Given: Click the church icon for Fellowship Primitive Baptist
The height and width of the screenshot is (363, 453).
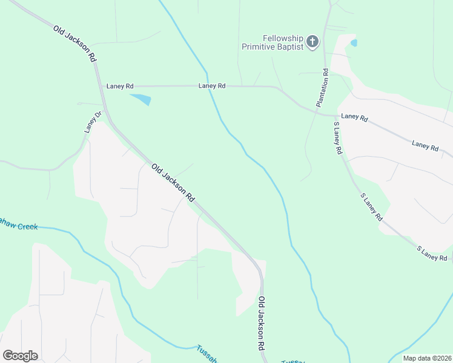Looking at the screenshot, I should pyautogui.click(x=312, y=42).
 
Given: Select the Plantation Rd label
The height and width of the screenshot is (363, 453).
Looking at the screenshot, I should pyautogui.click(x=322, y=88).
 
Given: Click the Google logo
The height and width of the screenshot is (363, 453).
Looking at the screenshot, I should pyautogui.click(x=20, y=355).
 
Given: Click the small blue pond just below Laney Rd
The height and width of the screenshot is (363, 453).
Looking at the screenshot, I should pyautogui.click(x=141, y=99).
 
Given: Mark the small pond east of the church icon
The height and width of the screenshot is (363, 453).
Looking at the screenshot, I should pyautogui.click(x=354, y=43).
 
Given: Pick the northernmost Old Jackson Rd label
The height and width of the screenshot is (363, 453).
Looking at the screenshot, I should pyautogui.click(x=75, y=44).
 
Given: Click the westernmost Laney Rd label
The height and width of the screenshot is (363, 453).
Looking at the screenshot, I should pyautogui.click(x=119, y=87).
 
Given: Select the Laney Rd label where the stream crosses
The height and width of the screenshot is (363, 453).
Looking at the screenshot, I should pyautogui.click(x=212, y=87).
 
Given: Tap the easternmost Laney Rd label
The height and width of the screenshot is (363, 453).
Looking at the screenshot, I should pyautogui.click(x=425, y=145).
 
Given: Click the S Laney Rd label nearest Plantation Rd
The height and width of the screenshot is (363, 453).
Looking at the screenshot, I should pyautogui.click(x=338, y=139).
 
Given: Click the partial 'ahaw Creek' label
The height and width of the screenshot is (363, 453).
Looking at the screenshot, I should pyautogui.click(x=19, y=226).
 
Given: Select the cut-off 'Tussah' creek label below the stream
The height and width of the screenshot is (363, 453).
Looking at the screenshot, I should pyautogui.click(x=207, y=353).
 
